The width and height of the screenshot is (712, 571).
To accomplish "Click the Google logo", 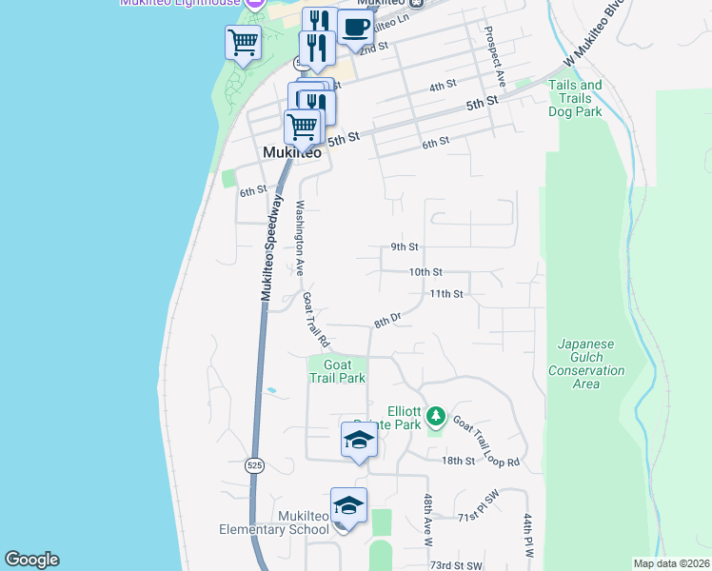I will click(x=31, y=560).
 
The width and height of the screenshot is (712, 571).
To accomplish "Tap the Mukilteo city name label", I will click(x=290, y=152).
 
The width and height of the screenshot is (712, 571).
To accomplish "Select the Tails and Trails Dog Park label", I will click(x=575, y=98).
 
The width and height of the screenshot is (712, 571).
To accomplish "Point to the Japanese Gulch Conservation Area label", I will click(x=586, y=364).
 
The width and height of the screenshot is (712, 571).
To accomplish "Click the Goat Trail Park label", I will click(x=337, y=371).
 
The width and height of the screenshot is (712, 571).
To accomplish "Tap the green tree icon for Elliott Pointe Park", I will click(x=436, y=416).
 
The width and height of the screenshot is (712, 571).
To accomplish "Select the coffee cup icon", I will click(x=355, y=28).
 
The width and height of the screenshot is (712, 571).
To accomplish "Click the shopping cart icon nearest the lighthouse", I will click(x=243, y=42).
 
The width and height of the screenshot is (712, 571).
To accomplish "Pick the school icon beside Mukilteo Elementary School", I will click(x=348, y=504).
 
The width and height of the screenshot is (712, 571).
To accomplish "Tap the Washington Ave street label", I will click(x=300, y=238).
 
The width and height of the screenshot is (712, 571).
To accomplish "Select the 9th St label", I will click(x=405, y=246).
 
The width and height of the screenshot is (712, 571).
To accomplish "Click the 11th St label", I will click(x=445, y=294).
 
